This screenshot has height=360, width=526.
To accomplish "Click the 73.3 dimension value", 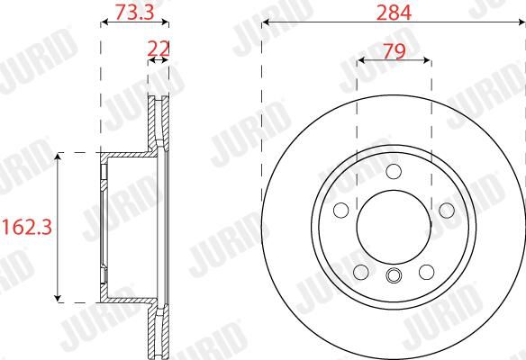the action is coord(134,12).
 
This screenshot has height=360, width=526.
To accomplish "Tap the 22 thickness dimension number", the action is coord(159,49).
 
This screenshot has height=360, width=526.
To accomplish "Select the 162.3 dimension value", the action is coord(27,228).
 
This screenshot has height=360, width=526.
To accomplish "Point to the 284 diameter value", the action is coord(394,13).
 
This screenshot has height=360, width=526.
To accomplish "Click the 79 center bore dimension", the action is coord(394,51).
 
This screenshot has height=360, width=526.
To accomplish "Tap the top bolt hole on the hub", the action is coord(394,171).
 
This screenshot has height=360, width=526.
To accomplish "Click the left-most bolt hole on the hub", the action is coord(340,211).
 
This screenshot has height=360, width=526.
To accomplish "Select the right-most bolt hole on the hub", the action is coord(447,211).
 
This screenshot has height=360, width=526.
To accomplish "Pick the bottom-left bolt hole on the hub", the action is coord(361,272).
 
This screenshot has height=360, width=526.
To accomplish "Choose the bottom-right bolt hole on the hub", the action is coord(426,272).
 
